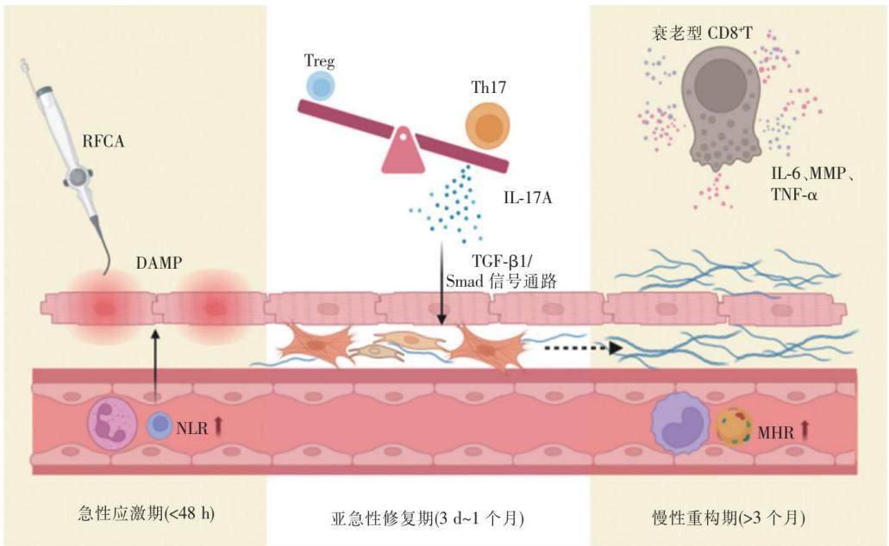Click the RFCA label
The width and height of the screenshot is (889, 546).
103,141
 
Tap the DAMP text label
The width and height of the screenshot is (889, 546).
159,263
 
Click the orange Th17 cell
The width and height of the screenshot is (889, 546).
487,127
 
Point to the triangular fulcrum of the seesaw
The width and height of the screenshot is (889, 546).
404,150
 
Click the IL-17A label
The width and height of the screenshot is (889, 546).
527,198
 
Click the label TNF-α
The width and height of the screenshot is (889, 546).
794,195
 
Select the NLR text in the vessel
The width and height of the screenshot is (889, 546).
191,428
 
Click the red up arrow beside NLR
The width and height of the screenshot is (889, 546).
218,426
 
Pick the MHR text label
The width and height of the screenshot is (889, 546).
775,433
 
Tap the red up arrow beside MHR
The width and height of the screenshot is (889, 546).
804,431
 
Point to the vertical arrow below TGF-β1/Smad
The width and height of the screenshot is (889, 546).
442,284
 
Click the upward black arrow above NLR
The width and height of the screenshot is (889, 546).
156,362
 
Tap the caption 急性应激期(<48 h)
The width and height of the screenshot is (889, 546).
146,514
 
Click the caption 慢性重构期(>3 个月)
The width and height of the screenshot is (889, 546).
728,517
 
